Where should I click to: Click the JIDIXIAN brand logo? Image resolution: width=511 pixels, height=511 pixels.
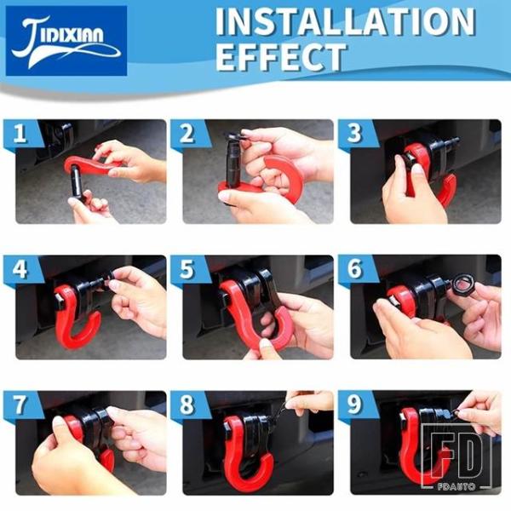66,41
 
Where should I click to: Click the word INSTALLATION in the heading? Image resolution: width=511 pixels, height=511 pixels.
345,21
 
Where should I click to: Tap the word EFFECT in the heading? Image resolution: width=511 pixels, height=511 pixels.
280,56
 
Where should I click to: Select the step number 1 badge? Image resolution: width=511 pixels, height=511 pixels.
20,133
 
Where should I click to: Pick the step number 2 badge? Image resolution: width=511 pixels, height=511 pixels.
187,133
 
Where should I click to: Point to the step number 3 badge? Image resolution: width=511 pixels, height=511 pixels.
354,133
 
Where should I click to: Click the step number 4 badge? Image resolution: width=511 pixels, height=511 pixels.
20,269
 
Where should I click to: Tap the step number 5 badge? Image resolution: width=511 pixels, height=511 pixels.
187,269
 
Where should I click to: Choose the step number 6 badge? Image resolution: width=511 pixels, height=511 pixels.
354,269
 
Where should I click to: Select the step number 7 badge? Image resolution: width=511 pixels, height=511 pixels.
20,405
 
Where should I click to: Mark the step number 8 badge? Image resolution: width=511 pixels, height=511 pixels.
187,405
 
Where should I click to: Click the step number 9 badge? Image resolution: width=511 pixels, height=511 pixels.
354,405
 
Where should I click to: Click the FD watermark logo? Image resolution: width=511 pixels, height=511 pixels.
456,453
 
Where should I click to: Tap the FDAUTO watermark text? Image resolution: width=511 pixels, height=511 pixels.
456,487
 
